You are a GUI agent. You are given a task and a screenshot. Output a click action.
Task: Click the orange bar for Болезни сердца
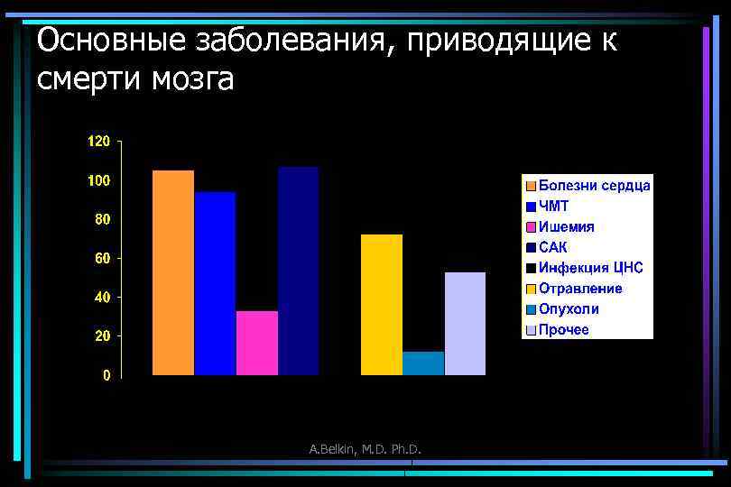[172, 271]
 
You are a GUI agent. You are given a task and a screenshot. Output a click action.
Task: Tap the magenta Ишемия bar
[256, 342]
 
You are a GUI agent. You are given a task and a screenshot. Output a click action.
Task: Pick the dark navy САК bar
[298, 270]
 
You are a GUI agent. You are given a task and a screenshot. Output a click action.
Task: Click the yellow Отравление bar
[382, 304]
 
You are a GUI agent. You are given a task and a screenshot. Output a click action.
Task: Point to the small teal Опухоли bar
[423, 363]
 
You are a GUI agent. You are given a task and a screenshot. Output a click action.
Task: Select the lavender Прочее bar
[465, 323]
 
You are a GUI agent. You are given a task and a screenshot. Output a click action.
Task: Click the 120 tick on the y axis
[98, 142]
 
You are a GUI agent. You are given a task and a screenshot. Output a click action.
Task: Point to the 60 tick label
[102, 258]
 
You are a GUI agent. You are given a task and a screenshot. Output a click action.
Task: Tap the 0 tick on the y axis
[106, 375]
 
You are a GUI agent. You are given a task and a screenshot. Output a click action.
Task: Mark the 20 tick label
[102, 336]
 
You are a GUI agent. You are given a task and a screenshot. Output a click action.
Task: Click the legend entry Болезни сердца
[594, 185]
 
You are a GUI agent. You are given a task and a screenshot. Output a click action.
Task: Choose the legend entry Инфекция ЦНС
[590, 267]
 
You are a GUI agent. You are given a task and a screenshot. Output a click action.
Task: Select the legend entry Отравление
[580, 288]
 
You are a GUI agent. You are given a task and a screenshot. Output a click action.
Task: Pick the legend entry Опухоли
[569, 308]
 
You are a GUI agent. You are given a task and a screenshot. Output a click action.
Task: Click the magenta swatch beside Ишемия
[532, 226]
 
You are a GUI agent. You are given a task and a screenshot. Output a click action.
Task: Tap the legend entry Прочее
[564, 329]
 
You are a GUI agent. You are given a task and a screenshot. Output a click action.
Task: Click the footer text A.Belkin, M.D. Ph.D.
[366, 449]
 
